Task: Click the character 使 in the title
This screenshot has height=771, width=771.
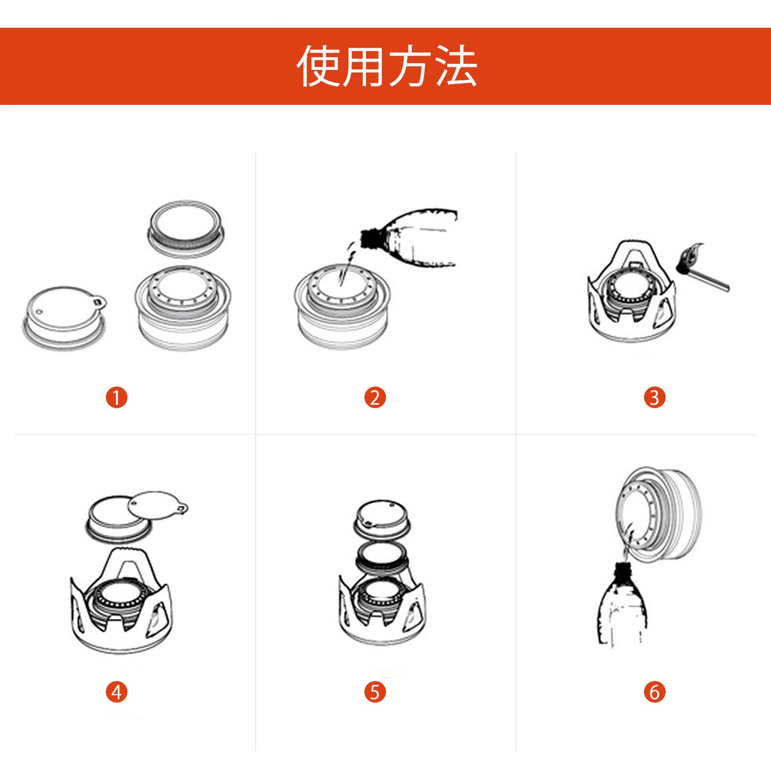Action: click(319, 66)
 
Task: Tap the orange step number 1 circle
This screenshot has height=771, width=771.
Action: click(117, 397)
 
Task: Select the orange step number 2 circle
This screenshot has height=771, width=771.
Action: click(375, 397)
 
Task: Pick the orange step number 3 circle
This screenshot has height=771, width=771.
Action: click(654, 397)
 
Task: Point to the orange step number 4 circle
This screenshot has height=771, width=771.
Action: click(117, 692)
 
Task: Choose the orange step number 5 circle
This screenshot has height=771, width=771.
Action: click(375, 692)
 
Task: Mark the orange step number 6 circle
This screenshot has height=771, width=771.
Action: click(654, 692)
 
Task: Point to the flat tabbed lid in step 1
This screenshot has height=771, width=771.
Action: click(65, 318)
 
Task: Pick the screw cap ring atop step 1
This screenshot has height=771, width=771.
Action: click(186, 229)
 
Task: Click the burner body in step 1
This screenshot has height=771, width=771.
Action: click(183, 308)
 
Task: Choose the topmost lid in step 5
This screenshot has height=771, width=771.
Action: click(381, 519)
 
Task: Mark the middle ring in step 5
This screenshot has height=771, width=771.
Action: click(381, 557)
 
